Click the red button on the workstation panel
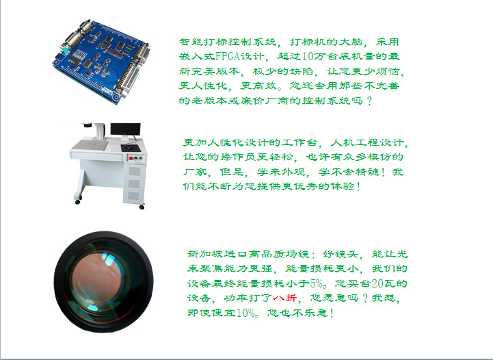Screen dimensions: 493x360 click(x=131, y=158)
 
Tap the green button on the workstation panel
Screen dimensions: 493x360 click(x=141, y=158)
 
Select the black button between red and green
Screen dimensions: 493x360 click(x=135, y=158)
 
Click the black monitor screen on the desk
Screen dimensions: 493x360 click(x=125, y=129)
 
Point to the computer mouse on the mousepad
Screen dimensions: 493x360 click(x=129, y=146)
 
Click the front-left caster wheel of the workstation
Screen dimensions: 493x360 click(x=77, y=202)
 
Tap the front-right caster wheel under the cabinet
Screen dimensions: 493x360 click(x=142, y=207)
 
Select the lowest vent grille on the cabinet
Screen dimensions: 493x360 click(x=134, y=196)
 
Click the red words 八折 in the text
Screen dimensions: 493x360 click(x=285, y=298)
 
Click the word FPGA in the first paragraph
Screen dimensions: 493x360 click(x=228, y=56)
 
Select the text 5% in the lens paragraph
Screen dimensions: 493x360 click(x=317, y=283)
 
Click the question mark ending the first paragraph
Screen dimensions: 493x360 click(x=369, y=101)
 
